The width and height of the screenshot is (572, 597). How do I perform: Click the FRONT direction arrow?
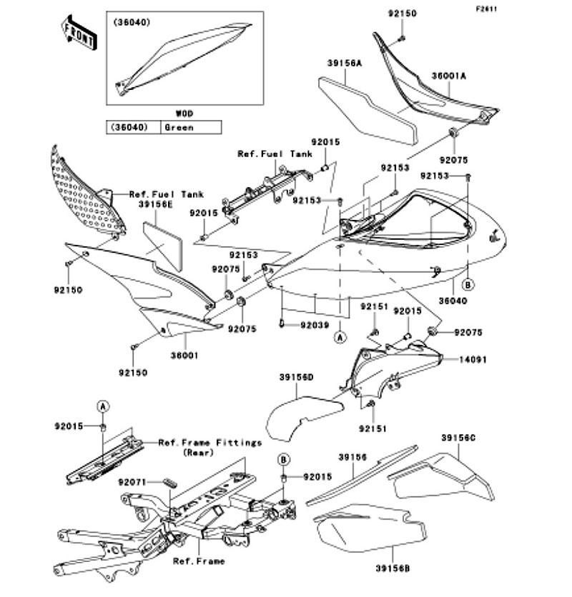click(79, 33)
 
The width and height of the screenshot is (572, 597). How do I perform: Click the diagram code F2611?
click(486, 9)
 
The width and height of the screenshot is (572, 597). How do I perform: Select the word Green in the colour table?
click(179, 128)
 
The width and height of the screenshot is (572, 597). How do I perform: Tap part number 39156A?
click(345, 64)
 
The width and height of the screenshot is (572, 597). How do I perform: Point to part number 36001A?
click(449, 76)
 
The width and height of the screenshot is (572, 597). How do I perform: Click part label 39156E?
click(155, 204)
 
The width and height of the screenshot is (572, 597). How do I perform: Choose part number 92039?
click(315, 325)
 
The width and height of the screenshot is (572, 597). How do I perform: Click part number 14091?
click(473, 359)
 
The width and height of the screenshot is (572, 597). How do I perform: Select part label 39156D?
click(296, 377)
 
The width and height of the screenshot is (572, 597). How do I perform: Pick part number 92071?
click(132, 483)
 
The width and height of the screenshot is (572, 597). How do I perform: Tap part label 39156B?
click(393, 568)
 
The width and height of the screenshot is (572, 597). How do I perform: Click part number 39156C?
click(458, 438)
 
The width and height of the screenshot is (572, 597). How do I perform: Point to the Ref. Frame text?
click(199, 561)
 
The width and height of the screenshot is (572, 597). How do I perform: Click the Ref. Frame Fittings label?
click(210, 443)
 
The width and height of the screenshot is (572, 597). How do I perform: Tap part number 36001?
click(184, 355)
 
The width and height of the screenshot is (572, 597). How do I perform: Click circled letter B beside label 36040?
click(468, 284)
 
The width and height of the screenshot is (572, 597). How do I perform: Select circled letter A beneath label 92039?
click(340, 337)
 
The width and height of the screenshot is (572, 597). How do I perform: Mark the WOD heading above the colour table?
click(184, 114)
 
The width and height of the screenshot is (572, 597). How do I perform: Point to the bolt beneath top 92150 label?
click(403, 38)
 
